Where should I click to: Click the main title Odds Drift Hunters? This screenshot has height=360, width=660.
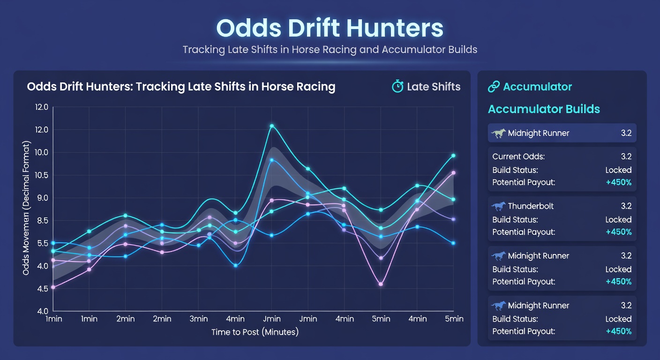(x=330, y=28)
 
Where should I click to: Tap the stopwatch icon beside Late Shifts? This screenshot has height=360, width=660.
(x=397, y=87)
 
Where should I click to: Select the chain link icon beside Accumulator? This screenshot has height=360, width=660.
(x=494, y=87)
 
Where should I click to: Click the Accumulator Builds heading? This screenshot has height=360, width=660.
(x=544, y=109)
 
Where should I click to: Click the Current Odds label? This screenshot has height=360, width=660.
(x=518, y=157)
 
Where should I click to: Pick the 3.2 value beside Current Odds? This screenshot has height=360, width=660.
(x=626, y=157)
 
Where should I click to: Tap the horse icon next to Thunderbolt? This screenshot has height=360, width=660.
(x=499, y=206)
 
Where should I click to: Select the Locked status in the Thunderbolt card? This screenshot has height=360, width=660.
(x=618, y=219)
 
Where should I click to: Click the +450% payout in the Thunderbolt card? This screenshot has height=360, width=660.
(x=618, y=232)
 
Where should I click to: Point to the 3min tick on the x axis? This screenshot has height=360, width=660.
(x=199, y=319)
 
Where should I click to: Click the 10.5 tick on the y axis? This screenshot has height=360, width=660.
(x=42, y=175)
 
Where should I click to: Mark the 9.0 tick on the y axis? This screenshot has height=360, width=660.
(x=42, y=198)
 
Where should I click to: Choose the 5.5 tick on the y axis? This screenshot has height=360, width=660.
(x=42, y=243)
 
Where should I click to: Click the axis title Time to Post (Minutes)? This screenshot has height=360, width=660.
(x=255, y=332)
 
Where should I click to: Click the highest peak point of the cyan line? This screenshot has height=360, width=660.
(x=272, y=126)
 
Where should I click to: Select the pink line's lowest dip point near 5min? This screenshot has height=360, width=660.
(x=381, y=284)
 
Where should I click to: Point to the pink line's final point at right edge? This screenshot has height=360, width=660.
(x=453, y=173)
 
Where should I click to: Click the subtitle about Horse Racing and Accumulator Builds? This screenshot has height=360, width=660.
(x=330, y=50)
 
